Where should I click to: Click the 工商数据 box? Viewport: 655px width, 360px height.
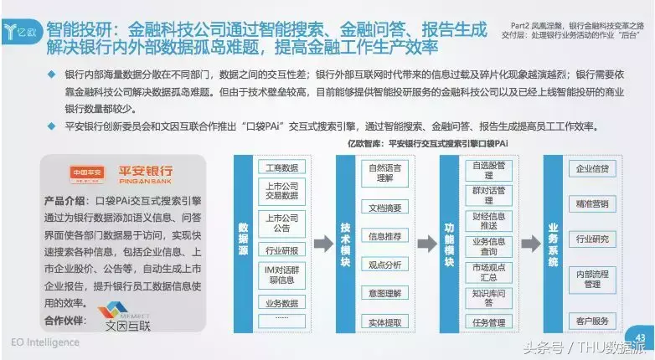281,167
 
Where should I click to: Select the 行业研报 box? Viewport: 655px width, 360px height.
281,249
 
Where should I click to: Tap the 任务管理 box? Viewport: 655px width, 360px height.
488,322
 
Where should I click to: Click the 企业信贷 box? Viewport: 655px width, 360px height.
592,169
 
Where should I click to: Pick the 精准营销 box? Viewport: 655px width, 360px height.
592,203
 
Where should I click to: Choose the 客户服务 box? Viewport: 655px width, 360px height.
592,321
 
